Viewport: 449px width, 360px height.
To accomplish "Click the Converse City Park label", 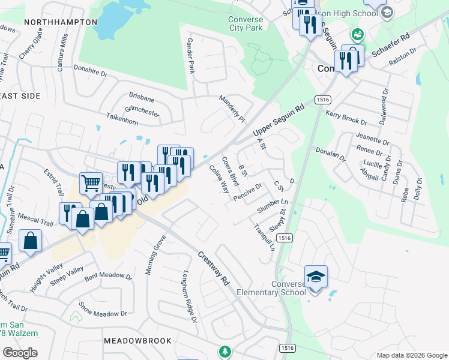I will coord(246,23).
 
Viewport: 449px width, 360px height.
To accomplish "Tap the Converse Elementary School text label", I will coord(268,288).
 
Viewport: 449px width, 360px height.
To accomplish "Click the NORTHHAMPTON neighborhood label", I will coord(61,22).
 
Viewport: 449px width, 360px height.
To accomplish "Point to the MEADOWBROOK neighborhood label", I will coord(137,340).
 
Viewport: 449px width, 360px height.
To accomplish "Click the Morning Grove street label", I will coord(154,254).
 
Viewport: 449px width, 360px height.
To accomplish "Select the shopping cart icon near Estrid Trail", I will coord(91,183).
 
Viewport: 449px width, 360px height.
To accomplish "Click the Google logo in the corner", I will coord(20,352).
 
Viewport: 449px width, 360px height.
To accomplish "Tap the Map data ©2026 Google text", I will coord(411,355).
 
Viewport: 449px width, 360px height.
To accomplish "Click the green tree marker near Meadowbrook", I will coord(225,351).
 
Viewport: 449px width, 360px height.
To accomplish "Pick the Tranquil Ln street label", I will coord(264,237).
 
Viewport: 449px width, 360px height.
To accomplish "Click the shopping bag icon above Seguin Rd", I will coord(31,241).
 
